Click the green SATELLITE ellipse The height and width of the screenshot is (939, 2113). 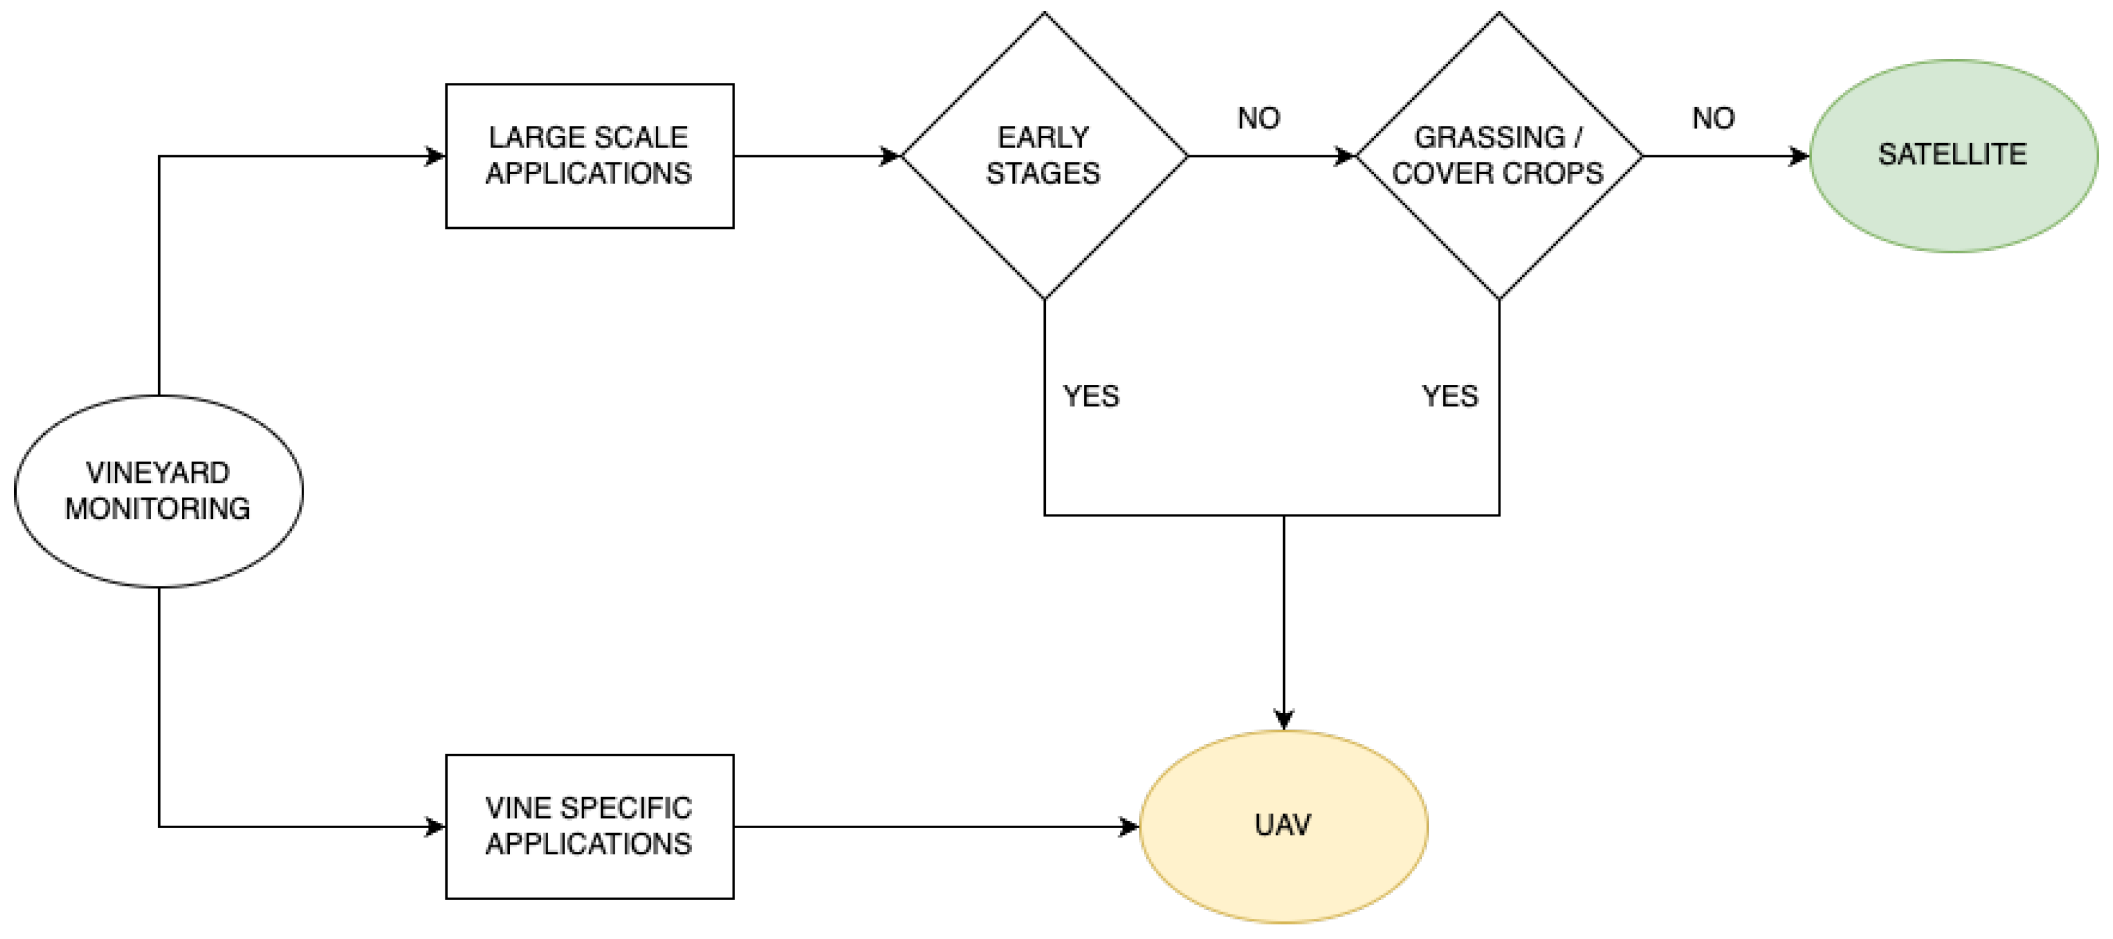(x=1953, y=155)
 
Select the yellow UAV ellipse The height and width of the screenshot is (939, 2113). (x=1284, y=826)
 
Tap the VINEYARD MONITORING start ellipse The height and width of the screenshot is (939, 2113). (x=158, y=491)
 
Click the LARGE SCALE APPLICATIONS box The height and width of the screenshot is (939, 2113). (x=589, y=155)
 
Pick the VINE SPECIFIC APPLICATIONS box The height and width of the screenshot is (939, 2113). (x=589, y=826)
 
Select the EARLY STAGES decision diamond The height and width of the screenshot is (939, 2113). (x=1043, y=155)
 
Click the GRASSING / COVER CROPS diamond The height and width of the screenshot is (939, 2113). (x=1499, y=155)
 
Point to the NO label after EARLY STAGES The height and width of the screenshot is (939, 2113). (x=1258, y=119)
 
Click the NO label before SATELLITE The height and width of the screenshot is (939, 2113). (x=1713, y=119)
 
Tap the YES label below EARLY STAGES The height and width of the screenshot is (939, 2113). (x=1091, y=396)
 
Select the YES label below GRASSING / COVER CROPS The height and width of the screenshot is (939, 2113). (x=1449, y=396)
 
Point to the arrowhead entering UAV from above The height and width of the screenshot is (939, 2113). (x=1284, y=719)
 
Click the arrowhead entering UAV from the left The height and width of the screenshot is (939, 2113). (x=1129, y=826)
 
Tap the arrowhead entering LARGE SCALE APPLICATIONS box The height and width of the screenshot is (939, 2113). (x=435, y=155)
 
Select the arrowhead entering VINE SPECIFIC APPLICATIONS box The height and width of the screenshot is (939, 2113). (x=435, y=826)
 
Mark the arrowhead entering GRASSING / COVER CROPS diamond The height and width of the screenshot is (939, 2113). (x=1345, y=155)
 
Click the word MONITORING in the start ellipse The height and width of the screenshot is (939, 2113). (x=158, y=509)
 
